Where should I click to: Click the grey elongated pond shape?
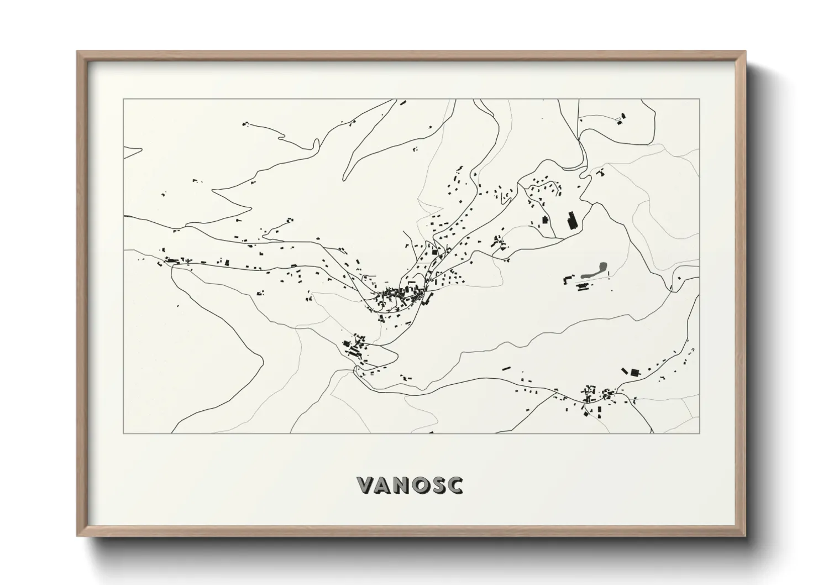594,269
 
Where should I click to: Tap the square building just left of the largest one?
544,220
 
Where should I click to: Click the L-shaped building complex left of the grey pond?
567,278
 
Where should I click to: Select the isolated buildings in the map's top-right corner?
621,118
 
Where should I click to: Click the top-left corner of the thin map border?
123,100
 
